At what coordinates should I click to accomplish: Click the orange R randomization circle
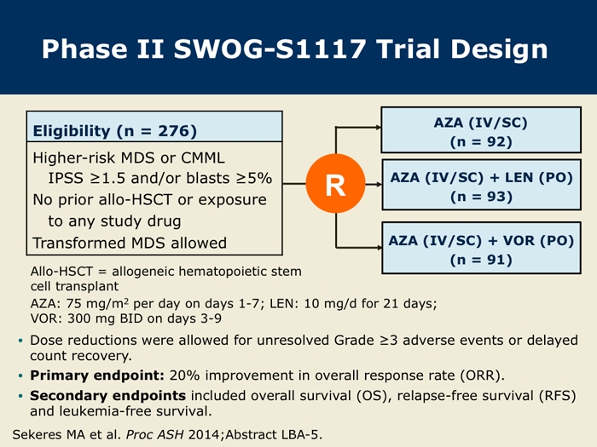pos(335,183)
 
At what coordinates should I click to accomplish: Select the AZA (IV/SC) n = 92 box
pos(481,130)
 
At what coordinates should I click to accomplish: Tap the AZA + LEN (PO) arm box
pos(481,185)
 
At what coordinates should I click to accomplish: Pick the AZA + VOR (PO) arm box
pos(481,248)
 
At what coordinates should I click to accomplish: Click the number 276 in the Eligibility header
pos(174,131)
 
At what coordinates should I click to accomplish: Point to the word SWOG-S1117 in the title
pos(270,49)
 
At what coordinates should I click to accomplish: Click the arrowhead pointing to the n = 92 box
pos(378,128)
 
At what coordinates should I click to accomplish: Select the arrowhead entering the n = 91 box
pos(379,248)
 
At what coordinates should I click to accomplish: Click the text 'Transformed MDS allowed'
pos(130,243)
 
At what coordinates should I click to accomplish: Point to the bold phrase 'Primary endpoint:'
pos(97,375)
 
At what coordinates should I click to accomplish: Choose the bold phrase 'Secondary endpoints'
pos(107,396)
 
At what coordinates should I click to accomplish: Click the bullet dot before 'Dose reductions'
pos(20,341)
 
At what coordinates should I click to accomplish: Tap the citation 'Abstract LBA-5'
pos(273,434)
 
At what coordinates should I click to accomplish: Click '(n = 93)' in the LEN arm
pos(481,197)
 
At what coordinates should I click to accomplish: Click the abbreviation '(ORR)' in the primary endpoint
pos(482,375)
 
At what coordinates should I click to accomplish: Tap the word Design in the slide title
pos(499,49)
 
